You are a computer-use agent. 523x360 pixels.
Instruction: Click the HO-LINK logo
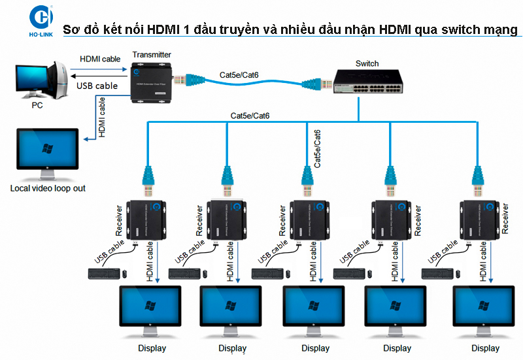[x=18, y=22]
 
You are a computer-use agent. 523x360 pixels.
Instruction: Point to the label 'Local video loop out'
[x=48, y=188]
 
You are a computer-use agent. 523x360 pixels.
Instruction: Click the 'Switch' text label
[x=367, y=63]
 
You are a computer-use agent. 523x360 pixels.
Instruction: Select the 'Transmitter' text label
[x=152, y=55]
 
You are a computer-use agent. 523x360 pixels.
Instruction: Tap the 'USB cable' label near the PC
[x=97, y=86]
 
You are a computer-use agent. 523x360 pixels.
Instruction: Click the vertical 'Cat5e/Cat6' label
[x=318, y=149]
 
